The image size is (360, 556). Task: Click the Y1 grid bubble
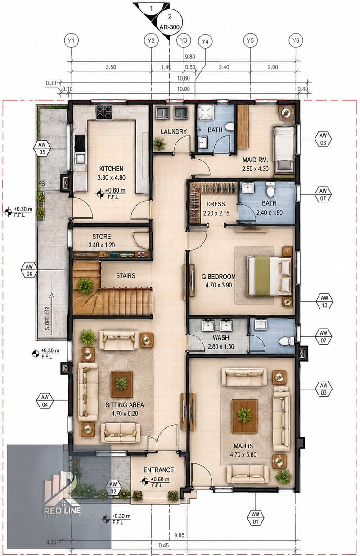[72, 40]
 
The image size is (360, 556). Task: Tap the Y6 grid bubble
[296, 40]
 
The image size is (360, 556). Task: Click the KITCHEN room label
[112, 169]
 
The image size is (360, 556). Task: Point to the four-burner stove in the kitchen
[104, 112]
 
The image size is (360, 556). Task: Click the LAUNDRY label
[174, 131]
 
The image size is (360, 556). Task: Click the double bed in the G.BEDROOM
[269, 277]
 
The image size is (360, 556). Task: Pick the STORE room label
[102, 237]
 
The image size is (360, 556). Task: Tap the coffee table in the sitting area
[121, 384]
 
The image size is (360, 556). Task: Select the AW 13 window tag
[324, 301]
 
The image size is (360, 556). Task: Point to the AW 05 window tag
[42, 148]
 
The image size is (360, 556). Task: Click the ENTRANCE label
[159, 470]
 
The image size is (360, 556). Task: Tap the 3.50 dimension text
[111, 67]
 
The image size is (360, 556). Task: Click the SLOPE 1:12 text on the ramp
[47, 318]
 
